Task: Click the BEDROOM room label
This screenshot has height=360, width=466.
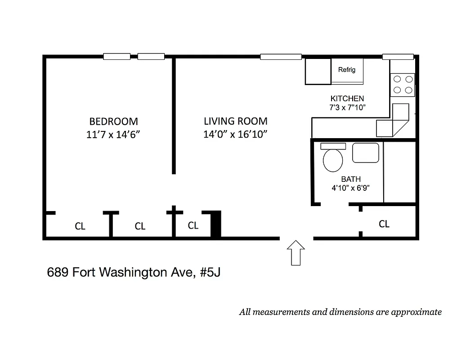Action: point(113,121)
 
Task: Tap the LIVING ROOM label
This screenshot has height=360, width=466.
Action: point(235,121)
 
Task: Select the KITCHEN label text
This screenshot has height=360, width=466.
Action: point(347,99)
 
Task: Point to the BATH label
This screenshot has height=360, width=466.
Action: point(350,179)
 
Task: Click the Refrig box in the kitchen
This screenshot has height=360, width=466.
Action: point(347,70)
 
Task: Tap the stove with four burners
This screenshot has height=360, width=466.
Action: point(403,84)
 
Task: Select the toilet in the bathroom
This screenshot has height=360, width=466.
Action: point(332,160)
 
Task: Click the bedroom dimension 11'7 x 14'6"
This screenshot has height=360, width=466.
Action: point(116,135)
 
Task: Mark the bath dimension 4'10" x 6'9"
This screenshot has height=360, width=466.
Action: point(350,189)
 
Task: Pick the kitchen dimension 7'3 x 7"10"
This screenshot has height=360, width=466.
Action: point(347,108)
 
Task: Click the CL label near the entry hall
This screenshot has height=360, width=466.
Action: point(384,224)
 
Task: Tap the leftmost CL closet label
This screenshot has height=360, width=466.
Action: point(80,226)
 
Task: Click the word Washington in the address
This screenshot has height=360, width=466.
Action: point(135,273)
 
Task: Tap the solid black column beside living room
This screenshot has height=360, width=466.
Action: point(216,224)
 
